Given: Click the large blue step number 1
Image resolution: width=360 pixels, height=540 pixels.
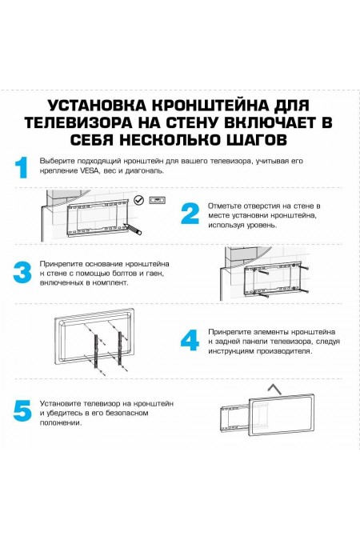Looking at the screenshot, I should [x=22, y=167].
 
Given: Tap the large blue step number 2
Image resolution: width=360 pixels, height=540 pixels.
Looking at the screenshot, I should [x=190, y=214].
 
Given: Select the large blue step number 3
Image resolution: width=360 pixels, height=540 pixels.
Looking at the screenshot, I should [x=22, y=272].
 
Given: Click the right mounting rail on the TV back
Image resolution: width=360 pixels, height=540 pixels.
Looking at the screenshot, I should [x=122, y=346].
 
